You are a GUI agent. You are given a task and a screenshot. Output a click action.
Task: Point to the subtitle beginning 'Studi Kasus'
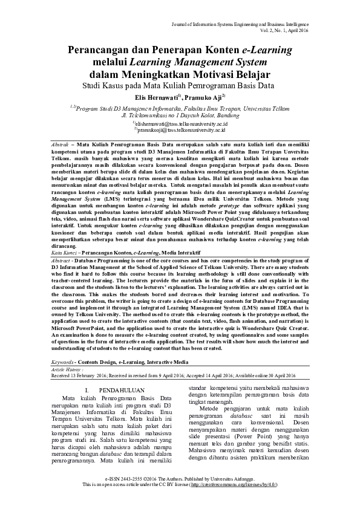[x=180, y=86]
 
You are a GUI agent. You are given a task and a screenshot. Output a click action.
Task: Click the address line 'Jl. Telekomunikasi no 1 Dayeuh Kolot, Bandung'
[x=181, y=114]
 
